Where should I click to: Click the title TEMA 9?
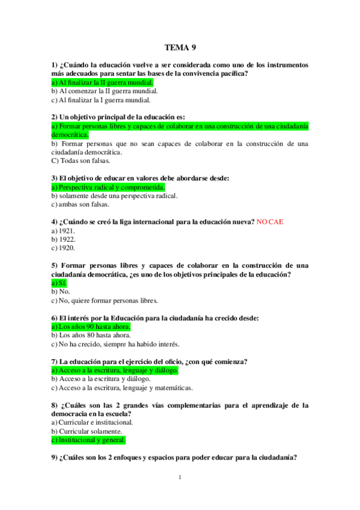180,48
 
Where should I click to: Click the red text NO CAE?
269,222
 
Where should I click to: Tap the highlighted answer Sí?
59,283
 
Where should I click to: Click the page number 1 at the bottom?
180,478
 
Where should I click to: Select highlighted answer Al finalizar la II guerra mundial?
102,82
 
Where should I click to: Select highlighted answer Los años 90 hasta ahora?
91,327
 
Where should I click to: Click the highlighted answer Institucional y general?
89,440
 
